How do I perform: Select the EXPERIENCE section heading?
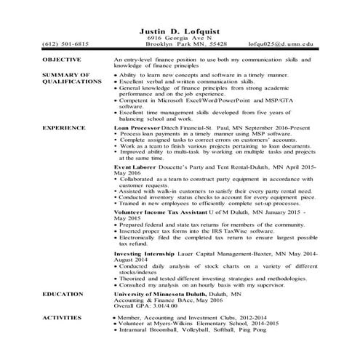pyautogui.click(x=65, y=127)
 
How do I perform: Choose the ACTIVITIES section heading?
pyautogui.click(x=64, y=318)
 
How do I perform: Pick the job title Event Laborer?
pyautogui.click(x=137, y=167)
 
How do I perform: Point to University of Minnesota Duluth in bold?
pyautogui.click(x=163, y=293)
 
